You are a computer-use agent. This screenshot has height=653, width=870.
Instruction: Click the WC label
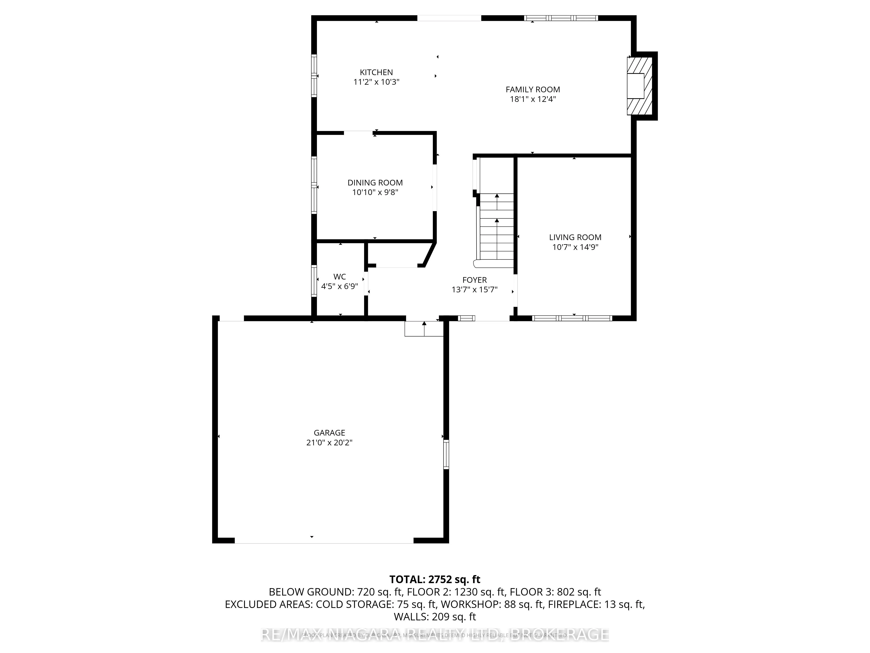pos(340,277)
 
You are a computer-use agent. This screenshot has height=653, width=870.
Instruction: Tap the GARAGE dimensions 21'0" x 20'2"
pos(329,443)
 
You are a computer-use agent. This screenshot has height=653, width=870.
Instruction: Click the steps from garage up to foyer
pos(424,329)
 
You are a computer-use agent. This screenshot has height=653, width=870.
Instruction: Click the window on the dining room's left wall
pos(314,185)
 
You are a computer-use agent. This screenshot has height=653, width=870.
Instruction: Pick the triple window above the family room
pos(561,18)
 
